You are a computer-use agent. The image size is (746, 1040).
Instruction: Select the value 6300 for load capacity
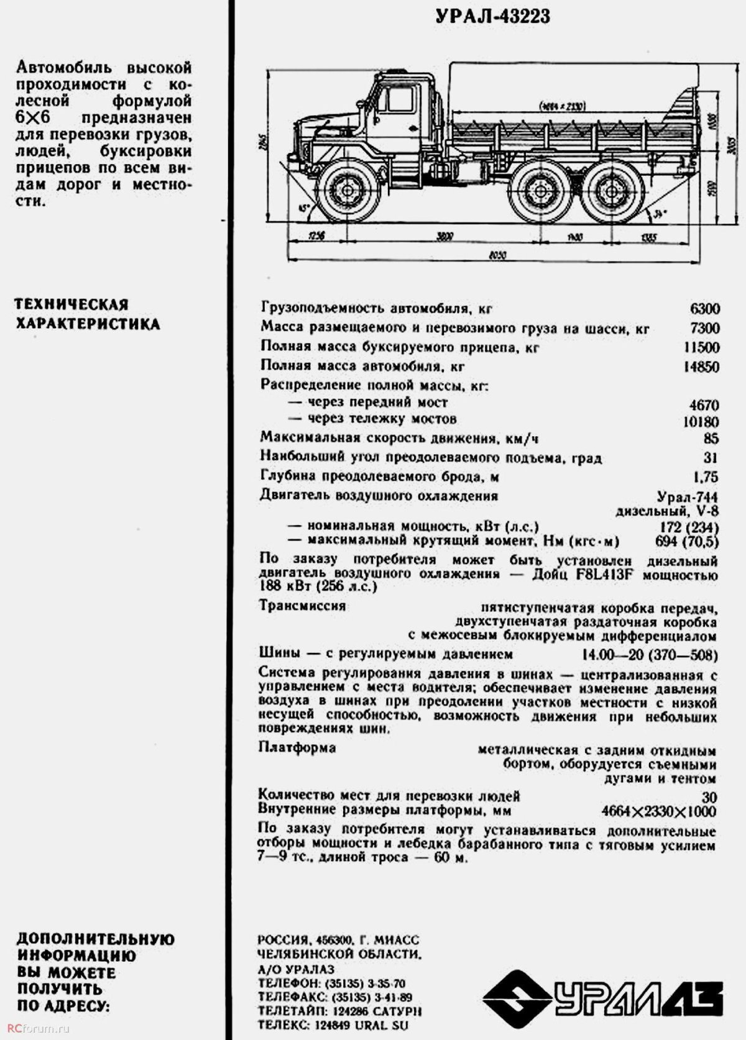point(704,309)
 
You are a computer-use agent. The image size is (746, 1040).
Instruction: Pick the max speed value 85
point(711,439)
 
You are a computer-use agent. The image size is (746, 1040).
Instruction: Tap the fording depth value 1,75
point(705,477)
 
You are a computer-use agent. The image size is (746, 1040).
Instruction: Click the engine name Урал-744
point(687,497)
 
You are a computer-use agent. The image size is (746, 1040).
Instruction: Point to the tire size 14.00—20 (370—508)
point(650,655)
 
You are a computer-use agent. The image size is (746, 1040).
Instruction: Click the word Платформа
point(297,747)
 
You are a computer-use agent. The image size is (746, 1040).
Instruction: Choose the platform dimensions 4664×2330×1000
point(659,811)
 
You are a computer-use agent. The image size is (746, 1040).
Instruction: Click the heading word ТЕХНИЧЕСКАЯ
point(71,304)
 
